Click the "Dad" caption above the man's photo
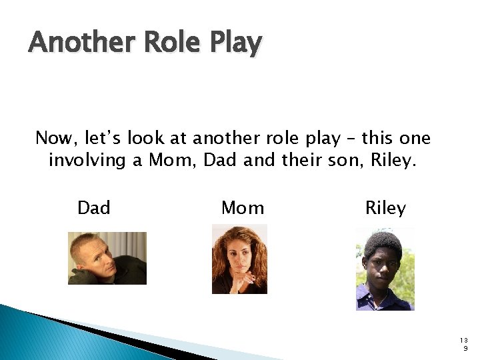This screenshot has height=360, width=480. [94, 209]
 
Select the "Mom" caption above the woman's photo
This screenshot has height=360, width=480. [243, 209]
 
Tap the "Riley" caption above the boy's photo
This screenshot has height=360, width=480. [385, 209]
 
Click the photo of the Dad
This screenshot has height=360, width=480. [107, 258]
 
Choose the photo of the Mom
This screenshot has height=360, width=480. [239, 259]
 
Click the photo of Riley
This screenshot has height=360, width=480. [385, 269]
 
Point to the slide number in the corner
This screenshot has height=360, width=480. [465, 343]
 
